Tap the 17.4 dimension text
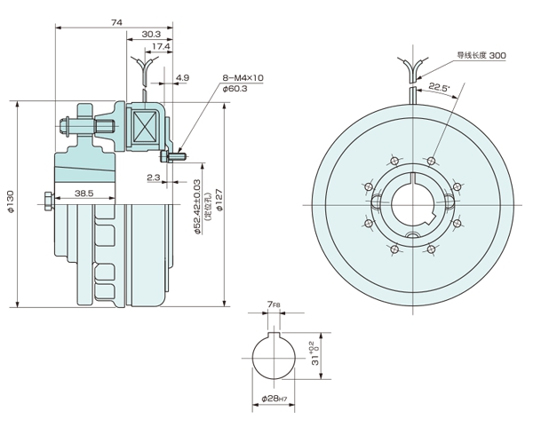161,46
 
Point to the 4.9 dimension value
182,78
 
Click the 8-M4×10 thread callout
243,77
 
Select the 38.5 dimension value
84,193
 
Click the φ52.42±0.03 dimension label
197,206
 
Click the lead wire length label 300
481,55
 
